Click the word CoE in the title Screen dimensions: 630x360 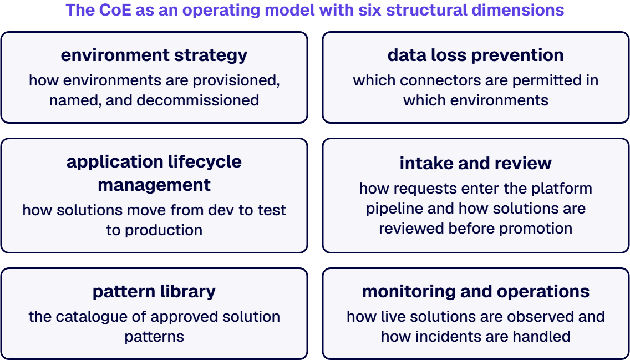115,10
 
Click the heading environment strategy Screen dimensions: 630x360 154,55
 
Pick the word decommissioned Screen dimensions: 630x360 197,100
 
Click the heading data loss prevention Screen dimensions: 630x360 476,55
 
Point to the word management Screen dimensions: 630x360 154,185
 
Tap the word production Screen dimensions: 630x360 164,230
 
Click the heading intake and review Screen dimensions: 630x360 476,163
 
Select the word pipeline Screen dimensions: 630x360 394,209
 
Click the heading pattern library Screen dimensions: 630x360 154,292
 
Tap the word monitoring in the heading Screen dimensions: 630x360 408,292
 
